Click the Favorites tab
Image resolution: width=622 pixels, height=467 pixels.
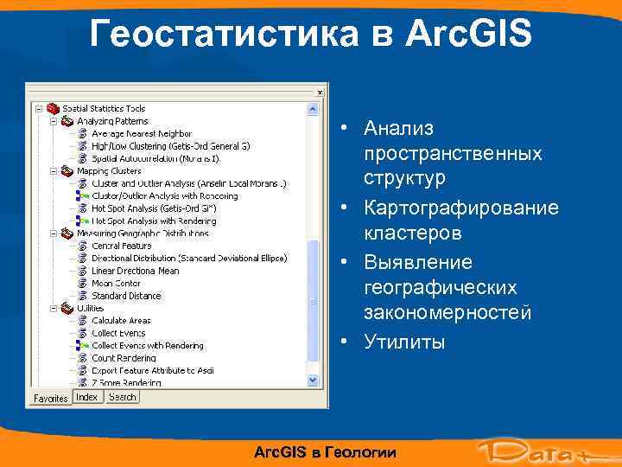(x=50, y=398)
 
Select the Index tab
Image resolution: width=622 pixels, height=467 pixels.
(x=87, y=397)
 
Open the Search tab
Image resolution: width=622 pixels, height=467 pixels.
(x=122, y=397)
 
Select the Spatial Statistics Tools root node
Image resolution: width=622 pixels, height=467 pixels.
(x=103, y=109)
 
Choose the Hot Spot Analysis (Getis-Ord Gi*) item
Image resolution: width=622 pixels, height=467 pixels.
(x=153, y=208)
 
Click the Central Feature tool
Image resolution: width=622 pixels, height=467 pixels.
(x=121, y=246)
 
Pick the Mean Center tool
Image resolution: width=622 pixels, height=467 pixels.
(x=116, y=283)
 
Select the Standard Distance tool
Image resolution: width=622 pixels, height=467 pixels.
(x=126, y=296)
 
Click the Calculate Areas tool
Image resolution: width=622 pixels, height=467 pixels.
(x=121, y=320)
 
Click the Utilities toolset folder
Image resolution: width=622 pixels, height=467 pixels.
(x=90, y=308)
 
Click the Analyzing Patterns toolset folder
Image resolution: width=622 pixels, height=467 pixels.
(x=112, y=121)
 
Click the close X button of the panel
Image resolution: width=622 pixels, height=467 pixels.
(x=321, y=89)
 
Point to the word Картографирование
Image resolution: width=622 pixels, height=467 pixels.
(x=460, y=208)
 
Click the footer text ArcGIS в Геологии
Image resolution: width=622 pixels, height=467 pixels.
(x=326, y=452)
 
